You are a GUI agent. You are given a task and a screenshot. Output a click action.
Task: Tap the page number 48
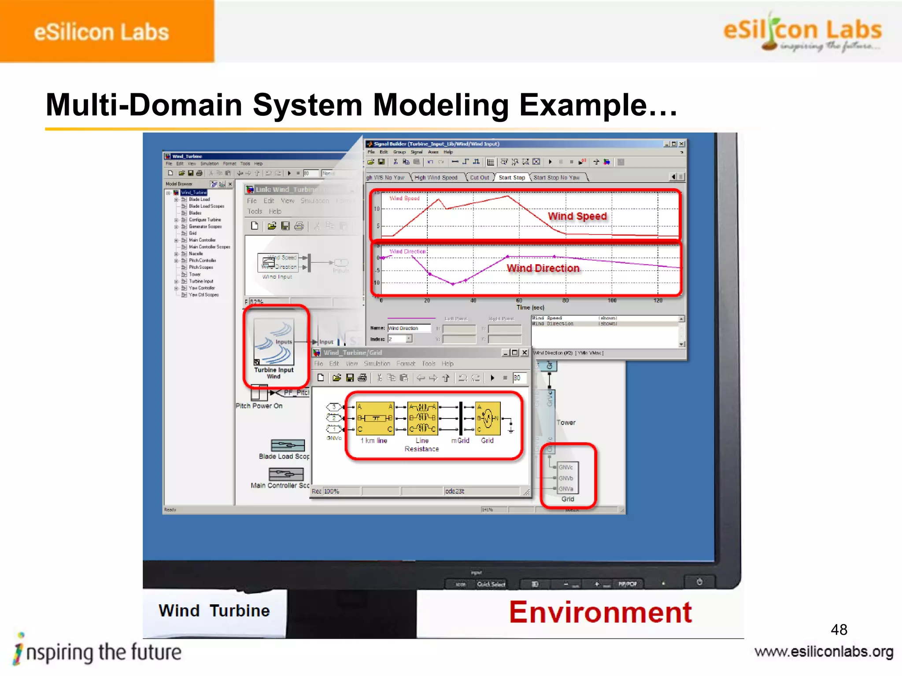coord(839,630)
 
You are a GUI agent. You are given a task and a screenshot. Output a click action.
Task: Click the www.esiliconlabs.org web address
coord(824,652)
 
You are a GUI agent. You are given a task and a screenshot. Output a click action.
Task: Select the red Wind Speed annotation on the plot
coord(577,216)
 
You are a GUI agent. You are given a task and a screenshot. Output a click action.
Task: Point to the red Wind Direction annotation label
coord(543,268)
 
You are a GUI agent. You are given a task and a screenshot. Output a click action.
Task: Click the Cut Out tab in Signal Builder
coord(479,177)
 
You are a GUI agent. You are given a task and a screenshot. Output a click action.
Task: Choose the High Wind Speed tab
coord(436,177)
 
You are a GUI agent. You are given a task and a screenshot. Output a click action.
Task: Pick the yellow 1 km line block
coord(375,418)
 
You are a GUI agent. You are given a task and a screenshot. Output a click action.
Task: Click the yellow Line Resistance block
coord(422,418)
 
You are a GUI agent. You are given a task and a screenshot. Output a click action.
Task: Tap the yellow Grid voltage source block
coord(488,418)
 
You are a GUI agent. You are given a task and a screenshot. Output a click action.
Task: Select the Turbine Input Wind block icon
coord(274,342)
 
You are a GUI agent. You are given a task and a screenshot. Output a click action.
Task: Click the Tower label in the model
coord(566,422)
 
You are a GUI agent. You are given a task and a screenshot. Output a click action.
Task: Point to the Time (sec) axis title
coord(530,308)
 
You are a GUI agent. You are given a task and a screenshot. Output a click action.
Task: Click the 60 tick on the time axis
coord(519,301)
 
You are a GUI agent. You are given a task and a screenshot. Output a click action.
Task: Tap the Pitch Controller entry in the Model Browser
coord(202,261)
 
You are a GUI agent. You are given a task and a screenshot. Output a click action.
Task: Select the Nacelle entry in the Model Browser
coord(196,253)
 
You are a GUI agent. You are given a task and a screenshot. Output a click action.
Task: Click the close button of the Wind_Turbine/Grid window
coord(525,353)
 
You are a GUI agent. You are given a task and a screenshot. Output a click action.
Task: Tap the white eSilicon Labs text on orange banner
coord(101,32)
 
